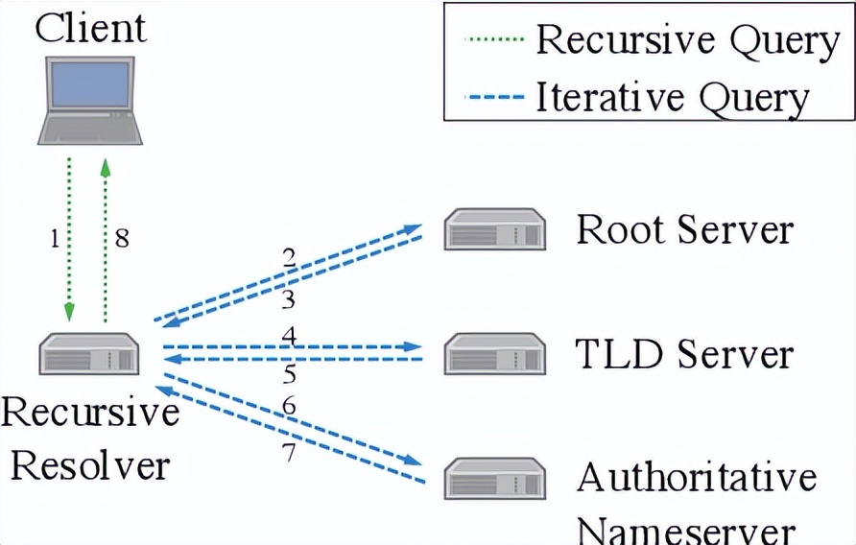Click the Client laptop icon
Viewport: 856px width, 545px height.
88,97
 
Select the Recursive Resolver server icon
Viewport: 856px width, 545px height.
89,354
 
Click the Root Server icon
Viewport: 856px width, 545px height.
495,231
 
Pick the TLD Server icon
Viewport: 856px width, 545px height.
495,354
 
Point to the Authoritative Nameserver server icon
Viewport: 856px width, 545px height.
495,479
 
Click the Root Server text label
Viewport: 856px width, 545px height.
684,230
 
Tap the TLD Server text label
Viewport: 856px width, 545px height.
684,353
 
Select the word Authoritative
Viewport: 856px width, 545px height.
697,478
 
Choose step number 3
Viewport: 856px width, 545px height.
288,300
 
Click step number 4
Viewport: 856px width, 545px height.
288,335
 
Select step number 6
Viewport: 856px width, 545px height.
289,407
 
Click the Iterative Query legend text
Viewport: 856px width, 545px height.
672,97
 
